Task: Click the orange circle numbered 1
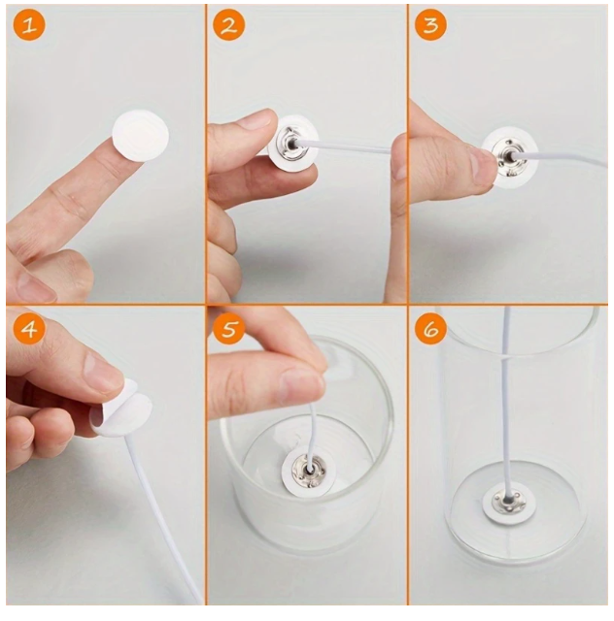29,24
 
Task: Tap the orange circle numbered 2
229,24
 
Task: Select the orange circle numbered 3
430,24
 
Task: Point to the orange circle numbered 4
29,328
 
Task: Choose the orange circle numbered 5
229,328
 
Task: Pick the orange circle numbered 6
430,328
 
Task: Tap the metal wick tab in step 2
291,143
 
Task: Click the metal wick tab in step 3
510,156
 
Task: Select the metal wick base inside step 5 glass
309,470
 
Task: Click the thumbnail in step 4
104,372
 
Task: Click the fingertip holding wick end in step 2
398,154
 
